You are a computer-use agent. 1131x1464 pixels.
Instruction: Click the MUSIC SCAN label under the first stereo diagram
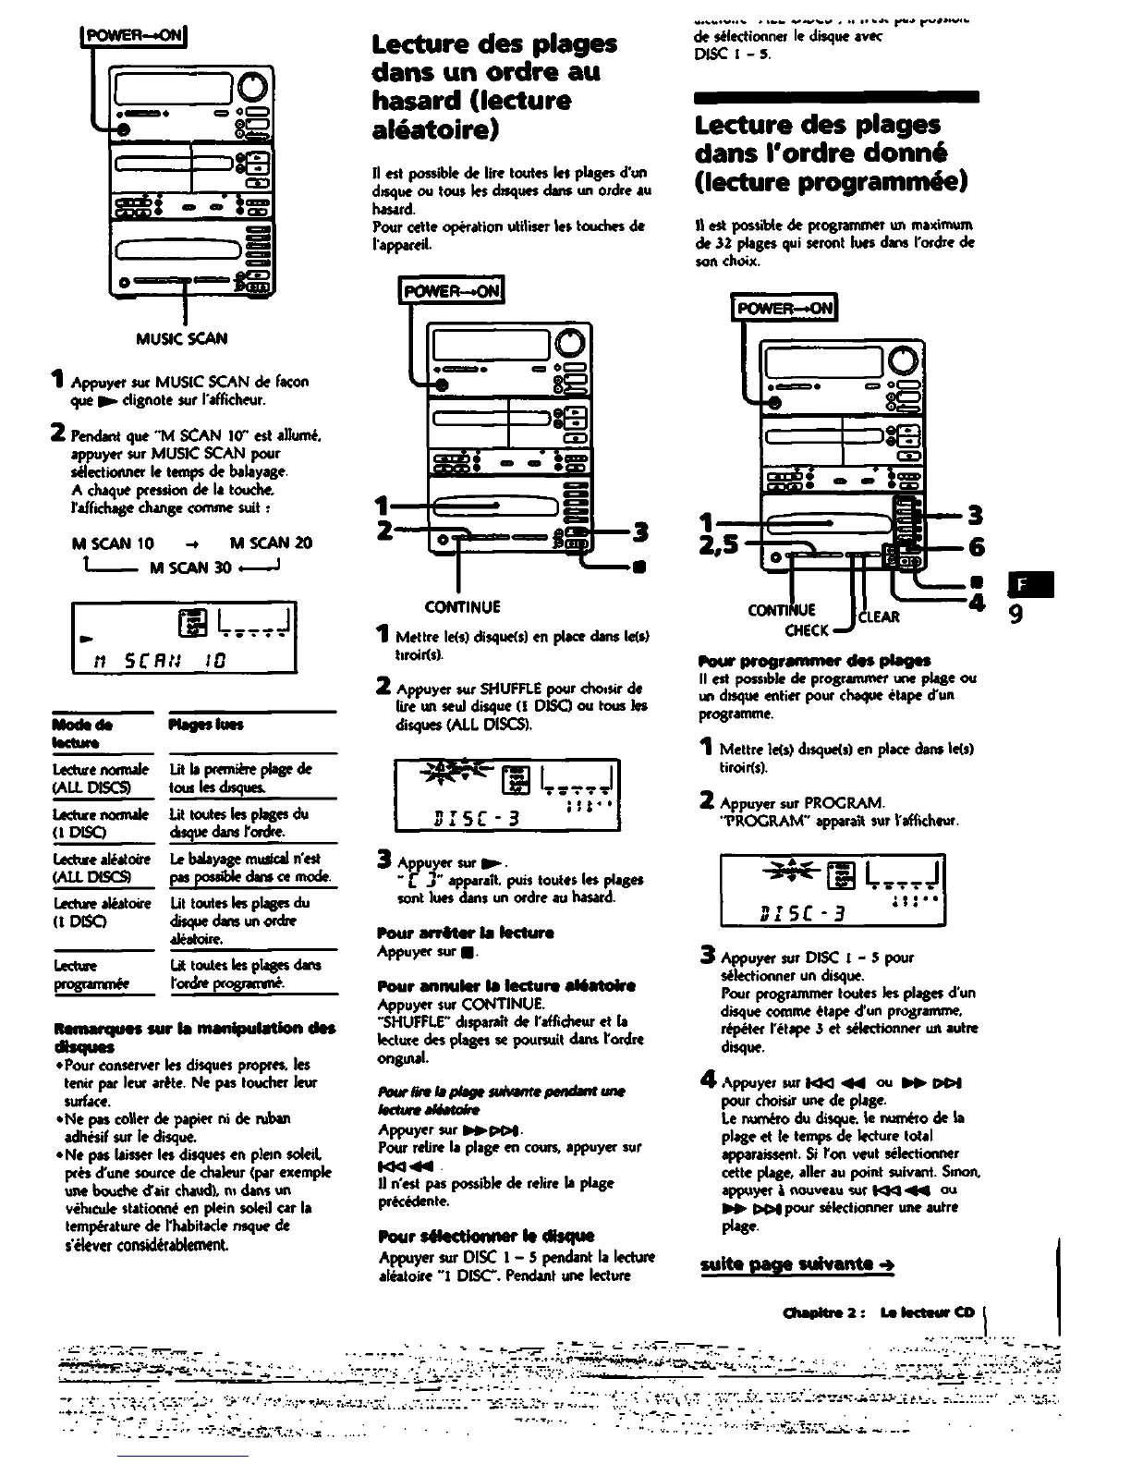pyautogui.click(x=181, y=338)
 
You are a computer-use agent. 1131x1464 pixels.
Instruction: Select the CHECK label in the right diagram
pyautogui.click(x=807, y=630)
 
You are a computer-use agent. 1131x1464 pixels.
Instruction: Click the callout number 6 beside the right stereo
pyautogui.click(x=976, y=547)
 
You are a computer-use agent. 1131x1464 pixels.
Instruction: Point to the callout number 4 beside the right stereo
pyautogui.click(x=977, y=603)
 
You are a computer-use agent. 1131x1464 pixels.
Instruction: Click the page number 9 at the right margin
pyautogui.click(x=1015, y=614)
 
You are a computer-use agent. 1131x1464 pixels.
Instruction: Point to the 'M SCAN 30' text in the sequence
pyautogui.click(x=190, y=567)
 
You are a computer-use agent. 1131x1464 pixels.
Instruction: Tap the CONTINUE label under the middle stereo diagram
pyautogui.click(x=462, y=607)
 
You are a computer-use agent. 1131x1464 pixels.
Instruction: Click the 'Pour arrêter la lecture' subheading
pyautogui.click(x=452, y=933)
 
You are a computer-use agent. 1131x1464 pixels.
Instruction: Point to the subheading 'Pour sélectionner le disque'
pyautogui.click(x=486, y=1236)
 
